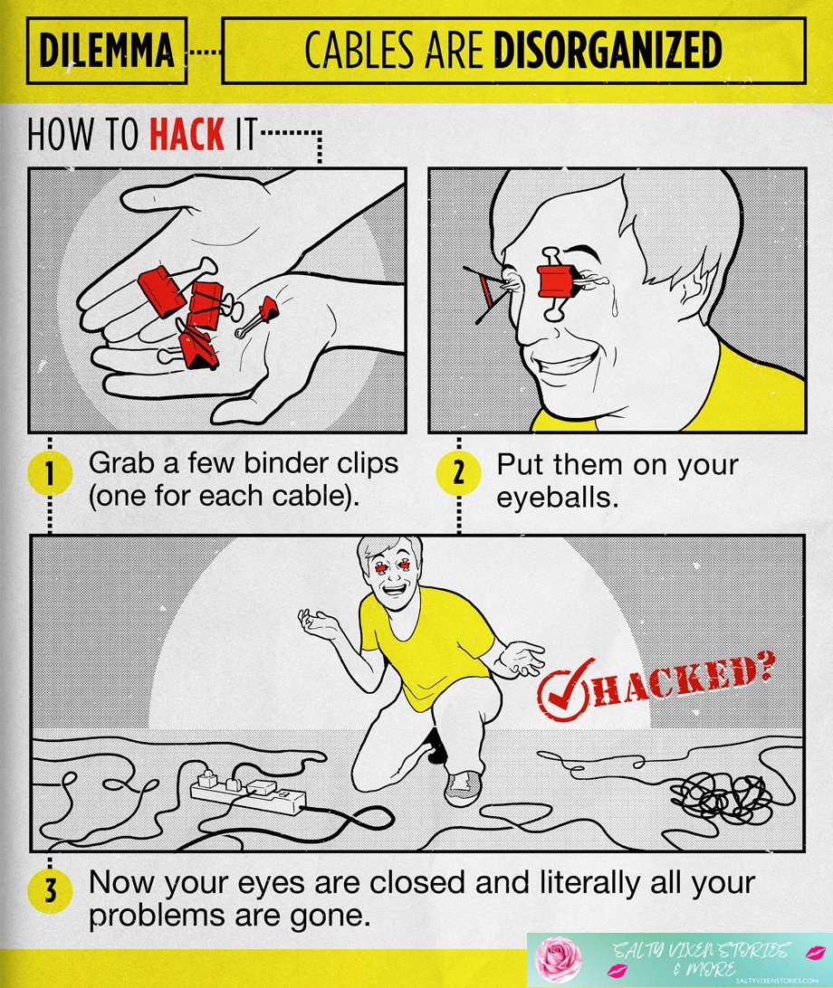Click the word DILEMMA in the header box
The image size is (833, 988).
pos(106,51)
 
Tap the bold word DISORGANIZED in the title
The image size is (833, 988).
pos(608,51)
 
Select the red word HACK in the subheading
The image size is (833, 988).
pos(187,135)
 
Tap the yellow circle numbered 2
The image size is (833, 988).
pos(459,473)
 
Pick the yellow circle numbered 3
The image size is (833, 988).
pos(52,891)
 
